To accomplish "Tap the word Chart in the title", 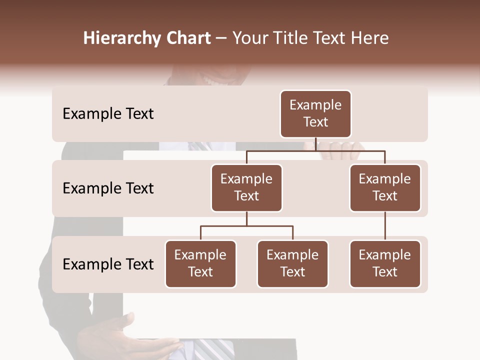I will (x=188, y=38).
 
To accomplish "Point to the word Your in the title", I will (x=250, y=38).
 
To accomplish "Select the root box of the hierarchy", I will (x=315, y=113).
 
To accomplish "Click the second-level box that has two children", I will (x=246, y=187).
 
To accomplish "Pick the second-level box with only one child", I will (x=385, y=187).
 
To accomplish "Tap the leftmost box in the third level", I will (x=200, y=263).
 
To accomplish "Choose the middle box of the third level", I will (x=292, y=263).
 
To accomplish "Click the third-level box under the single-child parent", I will (x=385, y=263).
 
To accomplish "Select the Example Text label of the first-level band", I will (x=108, y=113).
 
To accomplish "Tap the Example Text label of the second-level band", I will (x=108, y=188).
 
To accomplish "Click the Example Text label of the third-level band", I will (x=108, y=264).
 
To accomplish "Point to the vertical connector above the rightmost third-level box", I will (x=385, y=226).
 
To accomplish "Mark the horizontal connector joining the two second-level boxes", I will (x=315, y=150).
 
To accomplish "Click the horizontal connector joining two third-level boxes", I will (x=246, y=226).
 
